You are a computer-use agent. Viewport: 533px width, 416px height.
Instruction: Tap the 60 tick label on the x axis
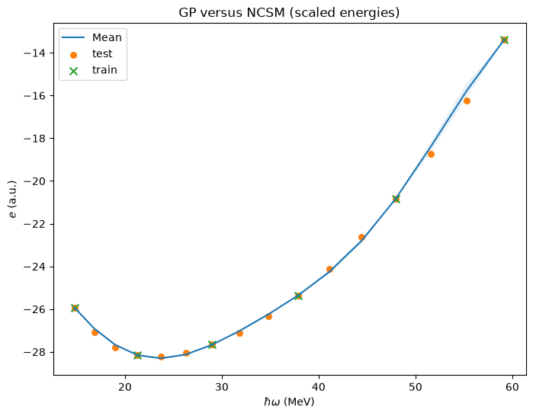coord(512,387)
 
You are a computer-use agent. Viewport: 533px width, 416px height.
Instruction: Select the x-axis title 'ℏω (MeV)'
coord(289,402)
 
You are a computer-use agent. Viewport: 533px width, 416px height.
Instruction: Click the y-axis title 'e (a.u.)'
coord(12,199)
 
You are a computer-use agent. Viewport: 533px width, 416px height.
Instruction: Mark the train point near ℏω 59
coord(505,40)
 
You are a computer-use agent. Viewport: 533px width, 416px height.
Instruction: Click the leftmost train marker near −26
coord(75,308)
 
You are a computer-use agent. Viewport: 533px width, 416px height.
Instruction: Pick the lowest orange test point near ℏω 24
coord(161,357)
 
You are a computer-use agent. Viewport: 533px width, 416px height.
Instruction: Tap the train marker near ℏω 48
coord(396,199)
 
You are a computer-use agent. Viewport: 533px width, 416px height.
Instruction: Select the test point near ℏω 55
coord(467,101)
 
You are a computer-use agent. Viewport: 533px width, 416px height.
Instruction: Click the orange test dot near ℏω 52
coord(431,154)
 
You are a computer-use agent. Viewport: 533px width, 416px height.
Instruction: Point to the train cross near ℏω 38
coord(298,296)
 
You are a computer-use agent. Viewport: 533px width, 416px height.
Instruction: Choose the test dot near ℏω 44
coord(361,238)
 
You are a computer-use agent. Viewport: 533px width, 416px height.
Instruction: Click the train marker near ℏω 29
coord(213,344)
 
